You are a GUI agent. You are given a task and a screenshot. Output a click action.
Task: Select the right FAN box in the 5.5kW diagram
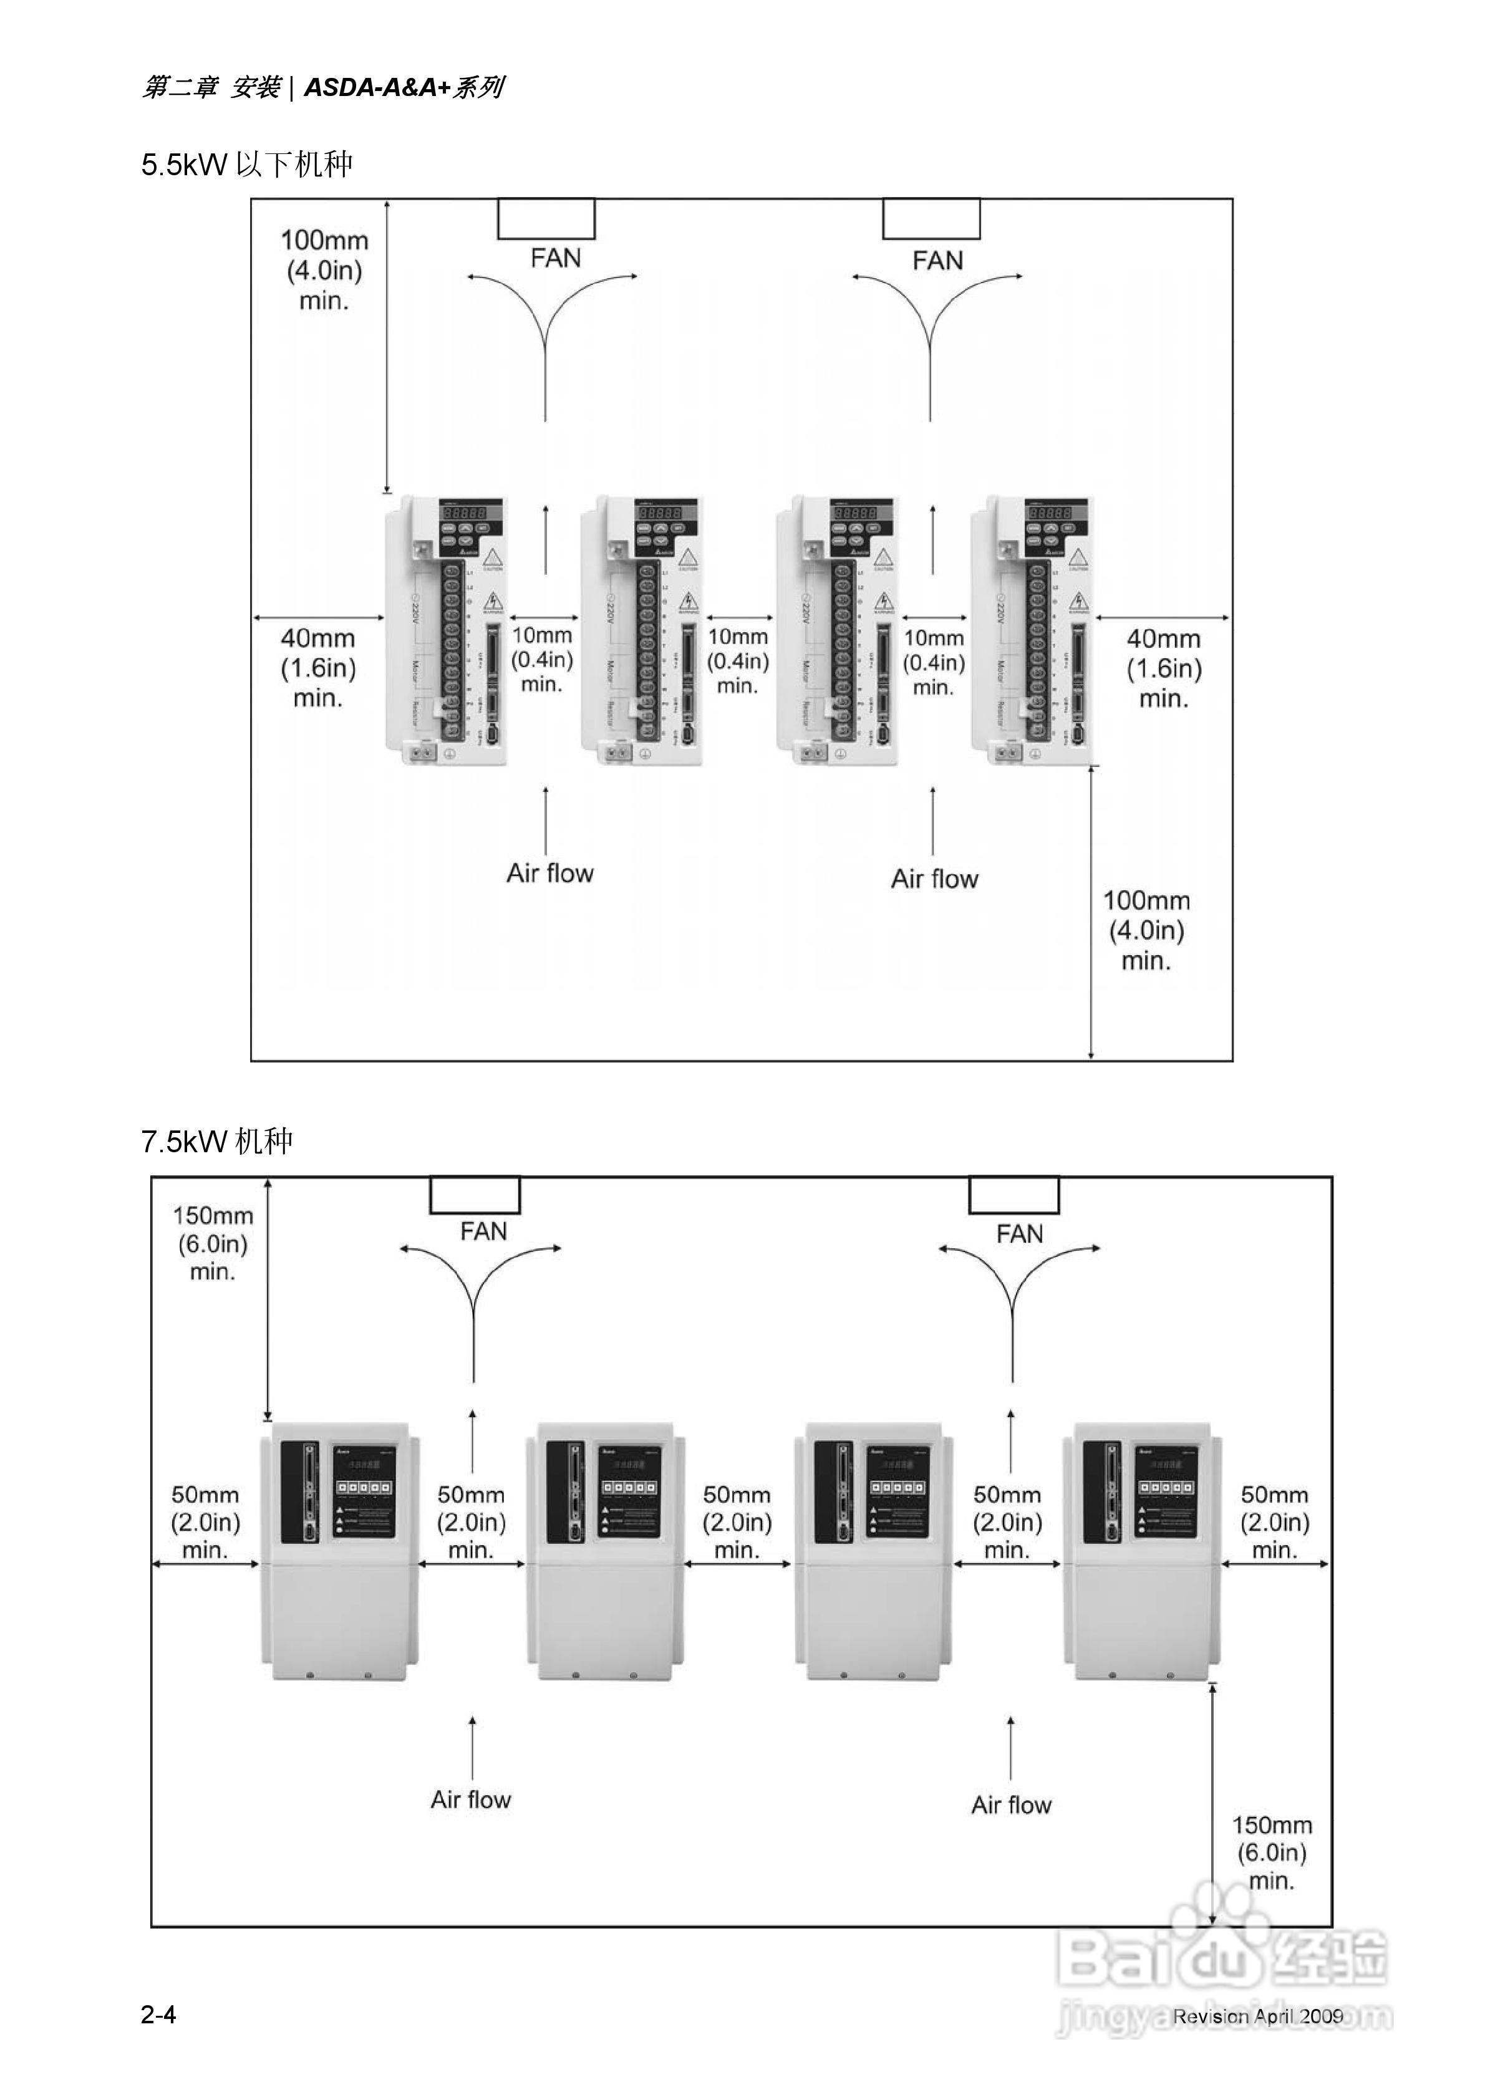(931, 219)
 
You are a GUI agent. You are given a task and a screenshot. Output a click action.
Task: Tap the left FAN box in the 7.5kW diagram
(475, 1195)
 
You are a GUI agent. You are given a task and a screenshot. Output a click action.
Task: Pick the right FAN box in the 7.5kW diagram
(1013, 1195)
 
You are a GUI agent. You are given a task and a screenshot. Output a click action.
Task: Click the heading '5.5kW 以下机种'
(247, 165)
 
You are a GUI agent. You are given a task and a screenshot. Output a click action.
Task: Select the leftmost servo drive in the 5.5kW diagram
(445, 631)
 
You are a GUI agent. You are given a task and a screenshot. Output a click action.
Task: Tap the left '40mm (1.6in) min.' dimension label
(317, 668)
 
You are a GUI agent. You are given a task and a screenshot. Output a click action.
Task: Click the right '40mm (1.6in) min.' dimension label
(1163, 668)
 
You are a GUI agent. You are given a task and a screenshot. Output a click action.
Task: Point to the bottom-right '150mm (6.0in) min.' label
(1272, 1853)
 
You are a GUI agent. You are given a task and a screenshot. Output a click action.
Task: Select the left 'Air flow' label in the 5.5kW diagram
(550, 874)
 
